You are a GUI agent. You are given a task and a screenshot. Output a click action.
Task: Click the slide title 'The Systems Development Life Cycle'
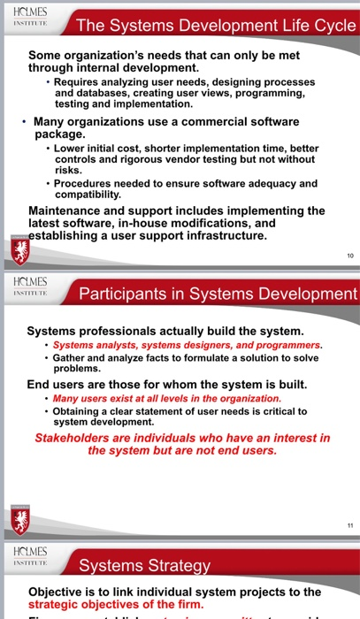click(215, 27)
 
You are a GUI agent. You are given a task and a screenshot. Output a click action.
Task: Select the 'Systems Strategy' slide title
click(145, 565)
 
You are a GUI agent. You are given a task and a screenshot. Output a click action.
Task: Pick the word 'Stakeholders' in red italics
click(75, 438)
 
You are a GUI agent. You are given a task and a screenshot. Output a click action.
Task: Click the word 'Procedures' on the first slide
click(84, 184)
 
